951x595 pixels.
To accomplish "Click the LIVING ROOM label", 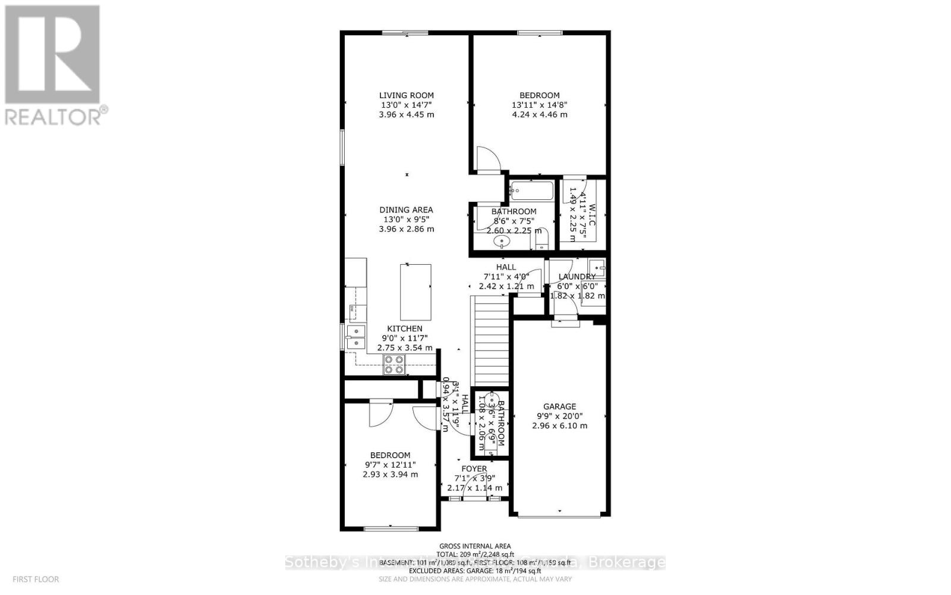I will pos(407,95).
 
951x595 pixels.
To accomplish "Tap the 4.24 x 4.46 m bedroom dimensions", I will pos(539,114).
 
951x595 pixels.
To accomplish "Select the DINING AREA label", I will pos(407,209).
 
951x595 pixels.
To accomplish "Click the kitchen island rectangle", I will pos(415,293).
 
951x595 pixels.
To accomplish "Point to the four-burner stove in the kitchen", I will pos(393,364).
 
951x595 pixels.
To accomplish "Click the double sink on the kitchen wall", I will pos(355,337).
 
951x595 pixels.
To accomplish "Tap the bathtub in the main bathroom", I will pos(531,192).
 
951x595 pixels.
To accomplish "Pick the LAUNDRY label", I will pos(577,277).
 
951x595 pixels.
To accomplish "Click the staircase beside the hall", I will pos(492,342).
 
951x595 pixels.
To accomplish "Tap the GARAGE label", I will pos(559,407).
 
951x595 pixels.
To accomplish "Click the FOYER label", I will pos(474,469).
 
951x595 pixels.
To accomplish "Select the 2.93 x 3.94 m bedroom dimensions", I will pos(390,474).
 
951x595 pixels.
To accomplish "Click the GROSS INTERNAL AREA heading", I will pos(475,546).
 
